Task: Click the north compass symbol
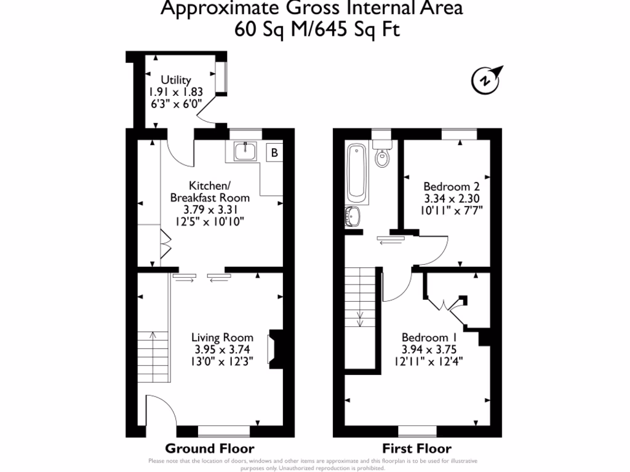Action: pos(485,79)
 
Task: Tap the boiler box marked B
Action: pos(273,152)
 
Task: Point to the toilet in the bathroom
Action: pos(381,155)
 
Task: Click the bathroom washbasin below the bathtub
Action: pos(354,216)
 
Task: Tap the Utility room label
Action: pos(175,80)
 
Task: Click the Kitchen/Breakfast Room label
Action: pos(210,191)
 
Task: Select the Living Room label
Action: pos(221,337)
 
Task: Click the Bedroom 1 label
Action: pos(429,337)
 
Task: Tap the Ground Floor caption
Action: pos(210,449)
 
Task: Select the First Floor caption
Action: pos(417,449)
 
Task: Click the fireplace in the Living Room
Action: pos(274,349)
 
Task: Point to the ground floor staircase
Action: pos(152,356)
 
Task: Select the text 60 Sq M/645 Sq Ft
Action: pos(317,29)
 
